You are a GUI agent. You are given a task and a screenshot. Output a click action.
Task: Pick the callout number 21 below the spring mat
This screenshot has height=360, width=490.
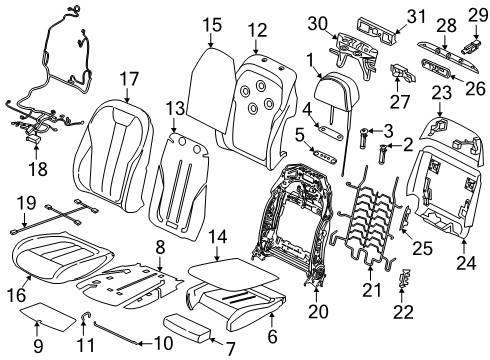(373, 292)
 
